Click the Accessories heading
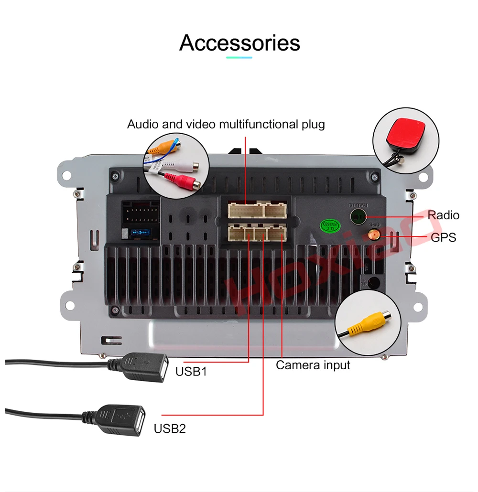click(239, 43)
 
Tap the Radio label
click(443, 215)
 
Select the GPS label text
click(443, 237)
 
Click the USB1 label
click(191, 371)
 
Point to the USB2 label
click(169, 428)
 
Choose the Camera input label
click(313, 365)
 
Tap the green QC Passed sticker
click(329, 225)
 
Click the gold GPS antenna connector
click(372, 235)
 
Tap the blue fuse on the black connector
click(142, 234)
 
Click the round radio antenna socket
click(358, 216)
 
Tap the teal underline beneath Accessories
click(239, 58)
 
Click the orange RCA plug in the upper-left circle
click(160, 148)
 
